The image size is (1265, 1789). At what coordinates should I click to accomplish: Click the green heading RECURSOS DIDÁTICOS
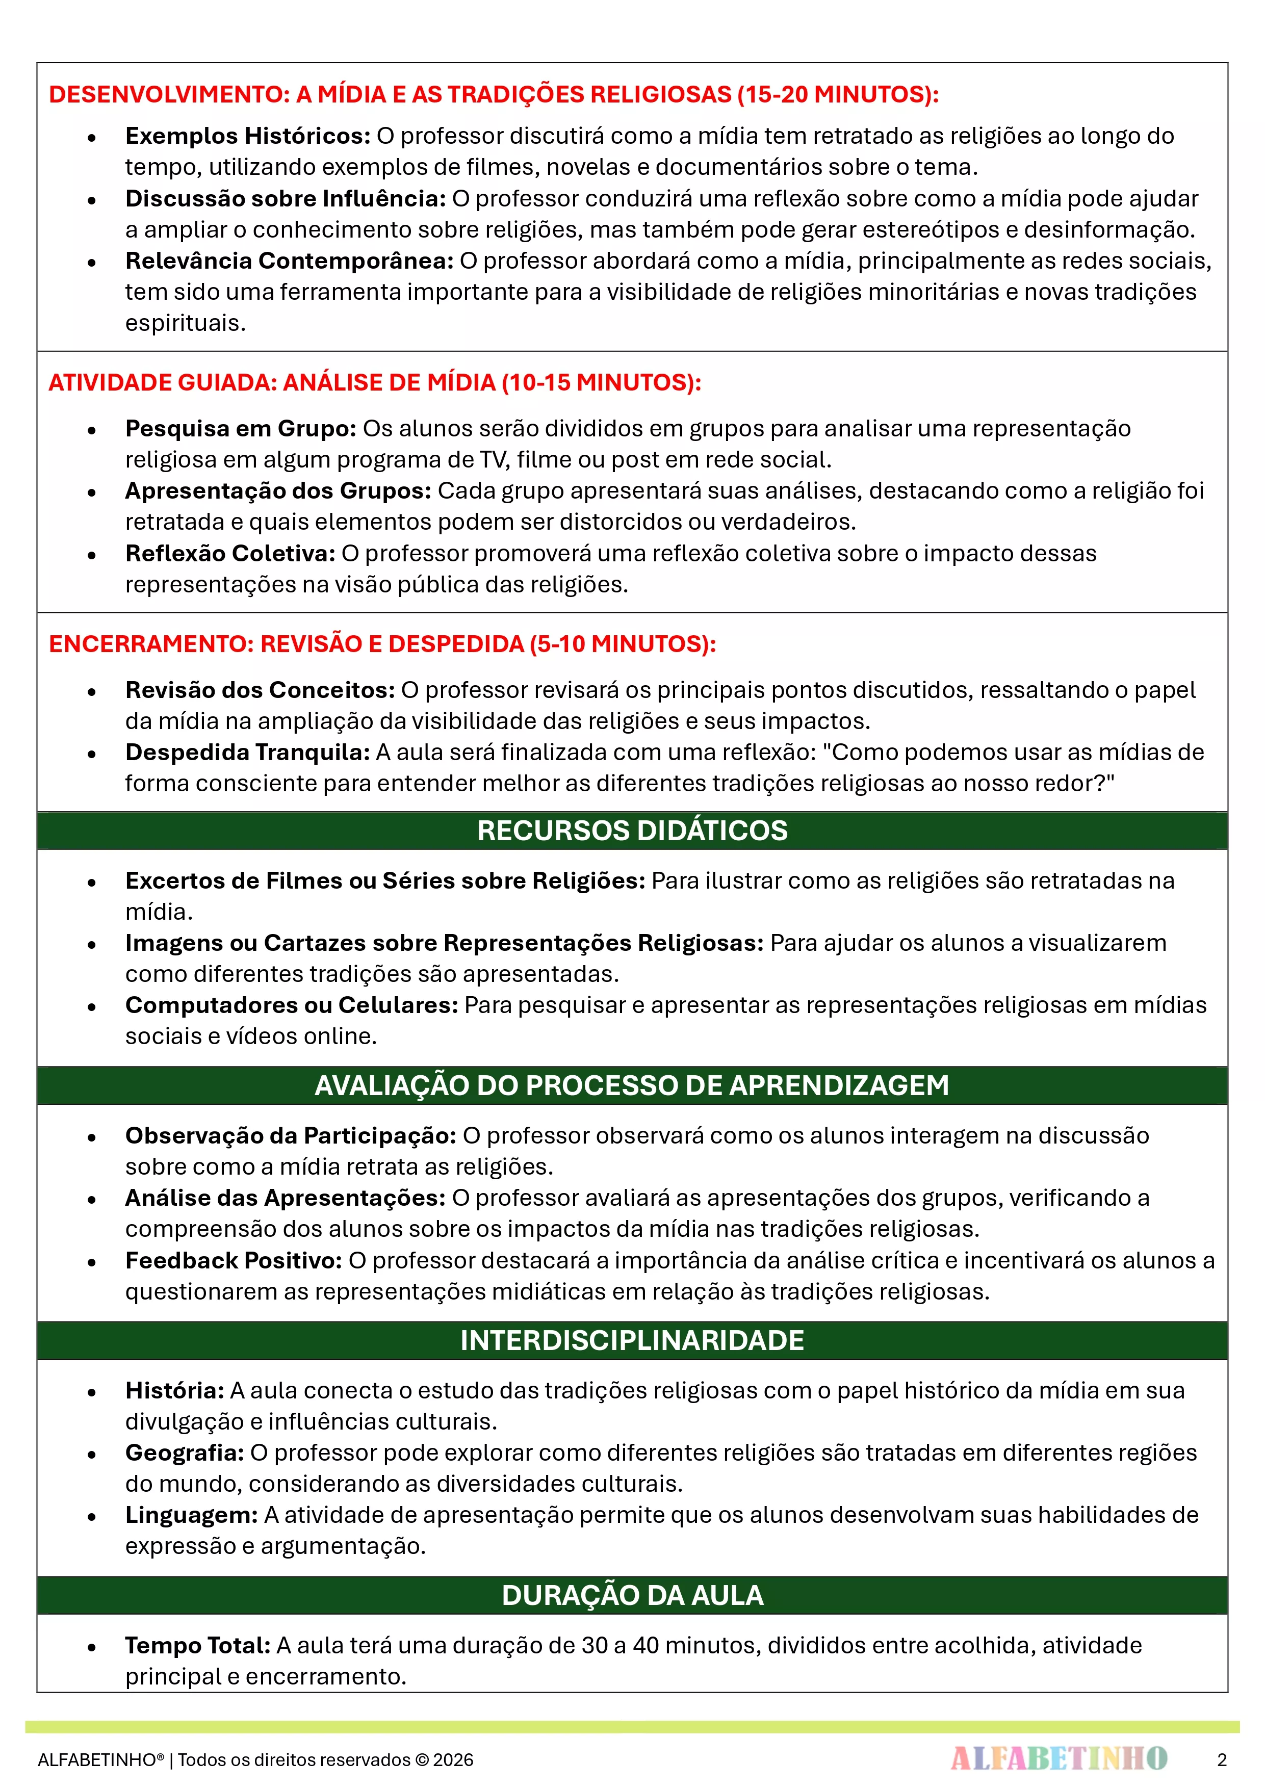tap(632, 831)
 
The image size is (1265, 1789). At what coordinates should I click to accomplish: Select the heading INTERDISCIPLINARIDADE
tap(632, 1340)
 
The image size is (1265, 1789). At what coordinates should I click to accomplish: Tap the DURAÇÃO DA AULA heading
tap(632, 1595)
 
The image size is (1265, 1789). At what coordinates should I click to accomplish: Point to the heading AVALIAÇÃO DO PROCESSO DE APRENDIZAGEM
tap(632, 1085)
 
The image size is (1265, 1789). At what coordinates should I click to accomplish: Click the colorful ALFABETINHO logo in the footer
tap(1059, 1758)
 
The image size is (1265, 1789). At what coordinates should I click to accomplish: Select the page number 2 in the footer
tap(1221, 1759)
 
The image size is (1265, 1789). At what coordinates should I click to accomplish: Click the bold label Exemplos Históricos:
tap(248, 136)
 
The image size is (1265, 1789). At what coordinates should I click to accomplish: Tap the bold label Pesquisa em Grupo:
tap(241, 429)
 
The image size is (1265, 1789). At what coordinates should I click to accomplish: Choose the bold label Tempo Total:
tap(198, 1645)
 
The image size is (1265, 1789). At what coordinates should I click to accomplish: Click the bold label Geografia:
tap(185, 1453)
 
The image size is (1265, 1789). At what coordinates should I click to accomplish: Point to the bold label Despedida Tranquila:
tap(248, 752)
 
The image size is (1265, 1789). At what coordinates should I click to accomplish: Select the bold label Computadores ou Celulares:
tap(292, 1005)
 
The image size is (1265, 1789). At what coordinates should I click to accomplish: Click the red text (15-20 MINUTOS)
tap(838, 94)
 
